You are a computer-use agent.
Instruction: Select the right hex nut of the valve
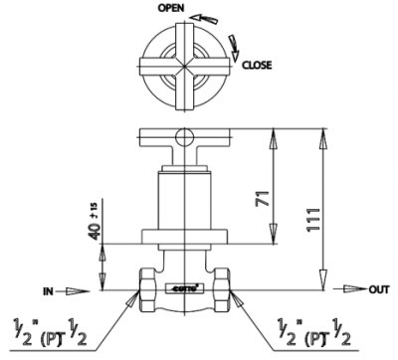coord(224,288)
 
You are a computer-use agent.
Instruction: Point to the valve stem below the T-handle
coord(186,199)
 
